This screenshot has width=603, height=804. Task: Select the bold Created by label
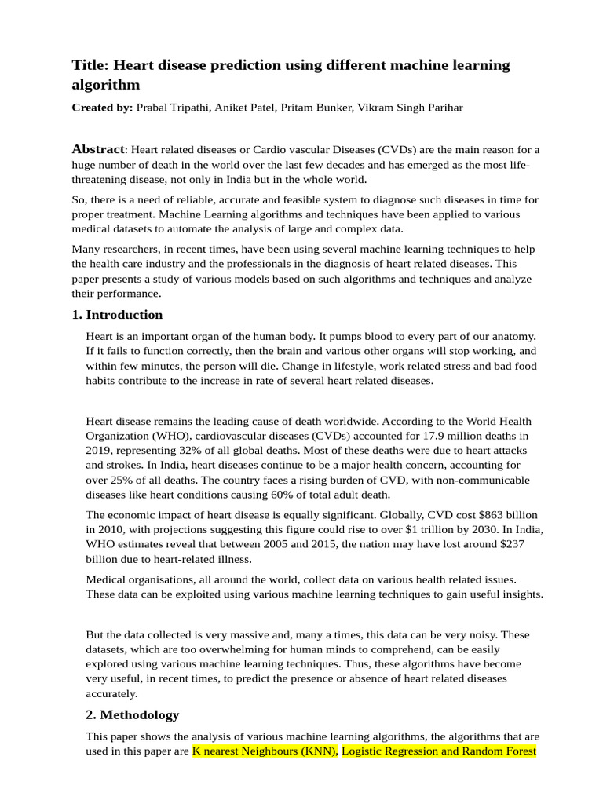102,108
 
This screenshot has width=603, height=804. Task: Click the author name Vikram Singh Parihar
411,108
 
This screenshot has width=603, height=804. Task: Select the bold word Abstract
98,149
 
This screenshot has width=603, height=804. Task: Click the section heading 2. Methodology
132,714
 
